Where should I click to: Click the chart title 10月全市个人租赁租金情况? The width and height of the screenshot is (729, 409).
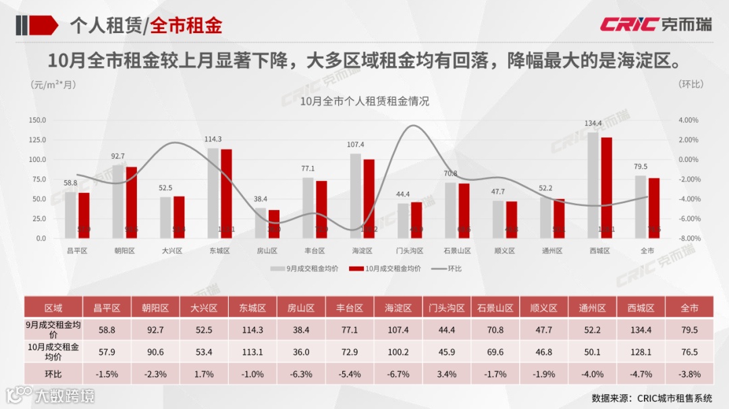[364, 102]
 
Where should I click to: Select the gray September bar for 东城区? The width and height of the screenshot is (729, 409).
[213, 193]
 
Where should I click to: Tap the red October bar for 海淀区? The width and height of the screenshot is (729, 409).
[369, 198]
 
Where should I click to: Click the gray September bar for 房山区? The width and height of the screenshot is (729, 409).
[260, 223]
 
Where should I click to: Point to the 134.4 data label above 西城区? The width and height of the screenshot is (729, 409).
[593, 124]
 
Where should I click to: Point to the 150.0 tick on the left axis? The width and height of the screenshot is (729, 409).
[37, 120]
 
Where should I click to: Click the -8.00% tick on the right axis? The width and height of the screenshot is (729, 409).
[688, 239]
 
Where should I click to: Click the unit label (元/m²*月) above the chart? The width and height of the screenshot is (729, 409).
[53, 85]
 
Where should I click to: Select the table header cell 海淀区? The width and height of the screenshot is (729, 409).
[398, 308]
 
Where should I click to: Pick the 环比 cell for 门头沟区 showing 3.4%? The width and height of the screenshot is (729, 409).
[446, 374]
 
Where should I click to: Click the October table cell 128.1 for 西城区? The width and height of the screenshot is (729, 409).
[641, 352]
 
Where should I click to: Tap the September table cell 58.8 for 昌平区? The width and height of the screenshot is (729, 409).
[107, 330]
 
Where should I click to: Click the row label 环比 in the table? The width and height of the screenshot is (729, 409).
[53, 374]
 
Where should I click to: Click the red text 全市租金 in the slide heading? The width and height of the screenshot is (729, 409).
[186, 26]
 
